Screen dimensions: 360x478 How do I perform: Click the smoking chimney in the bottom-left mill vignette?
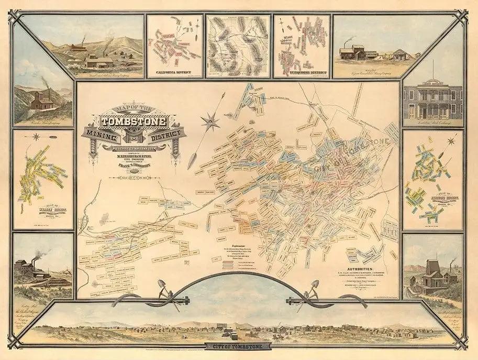coord(35,257)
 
